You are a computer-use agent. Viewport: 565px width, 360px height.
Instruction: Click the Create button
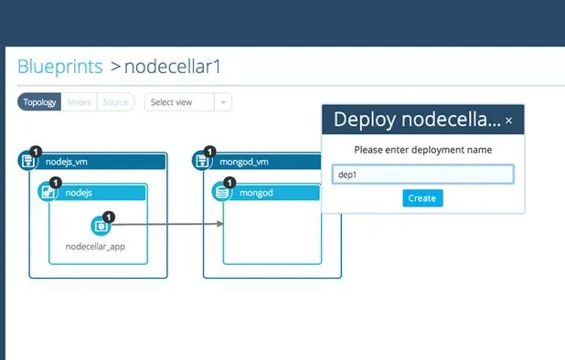coord(422,198)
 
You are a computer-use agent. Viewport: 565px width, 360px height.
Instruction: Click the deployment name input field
coord(422,174)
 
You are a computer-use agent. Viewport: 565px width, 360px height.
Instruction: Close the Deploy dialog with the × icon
coord(509,120)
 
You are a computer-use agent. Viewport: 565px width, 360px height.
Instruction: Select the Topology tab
coord(40,102)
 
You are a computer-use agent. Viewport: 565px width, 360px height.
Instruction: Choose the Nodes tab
coord(80,102)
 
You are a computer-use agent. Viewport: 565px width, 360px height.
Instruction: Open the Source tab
coord(115,102)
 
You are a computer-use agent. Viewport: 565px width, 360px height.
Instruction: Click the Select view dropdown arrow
coord(223,102)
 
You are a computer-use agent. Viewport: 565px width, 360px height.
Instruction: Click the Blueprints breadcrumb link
coord(59,67)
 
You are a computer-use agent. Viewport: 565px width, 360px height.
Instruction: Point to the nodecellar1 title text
coord(173,67)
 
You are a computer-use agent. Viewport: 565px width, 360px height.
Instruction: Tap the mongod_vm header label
coord(244,162)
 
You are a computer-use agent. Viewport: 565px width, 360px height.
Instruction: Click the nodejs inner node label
coord(79,193)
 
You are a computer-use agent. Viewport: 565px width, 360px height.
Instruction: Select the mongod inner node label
coord(252,193)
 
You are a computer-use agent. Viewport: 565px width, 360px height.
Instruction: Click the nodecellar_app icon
coord(101,225)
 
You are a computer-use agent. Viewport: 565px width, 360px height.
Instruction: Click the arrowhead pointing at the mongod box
coord(219,224)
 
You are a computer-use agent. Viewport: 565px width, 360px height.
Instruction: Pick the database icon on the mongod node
coord(220,193)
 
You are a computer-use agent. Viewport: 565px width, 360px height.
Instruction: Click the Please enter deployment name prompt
coord(422,149)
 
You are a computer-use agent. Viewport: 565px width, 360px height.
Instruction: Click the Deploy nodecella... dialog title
coord(416,120)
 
